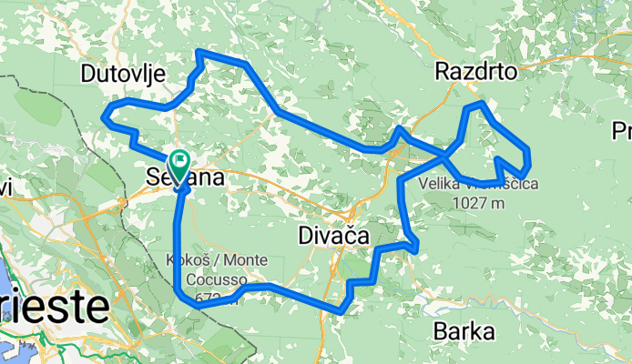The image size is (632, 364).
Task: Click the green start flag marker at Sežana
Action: (x=179, y=165)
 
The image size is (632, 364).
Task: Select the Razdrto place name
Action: (x=476, y=71)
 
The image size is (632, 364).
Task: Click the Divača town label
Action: (x=332, y=237)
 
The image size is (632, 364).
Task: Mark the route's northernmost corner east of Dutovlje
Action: (x=198, y=55)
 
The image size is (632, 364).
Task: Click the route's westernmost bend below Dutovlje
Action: (x=106, y=115)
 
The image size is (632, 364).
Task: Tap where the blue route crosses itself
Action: (x=447, y=156)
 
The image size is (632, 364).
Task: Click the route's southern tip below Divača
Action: (x=341, y=310)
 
